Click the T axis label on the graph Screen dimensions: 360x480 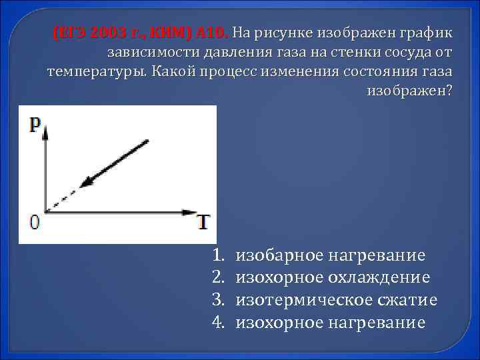[x=203, y=222]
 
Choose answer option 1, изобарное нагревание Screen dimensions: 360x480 [x=331, y=255]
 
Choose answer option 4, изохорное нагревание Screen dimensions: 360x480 [x=331, y=323]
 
